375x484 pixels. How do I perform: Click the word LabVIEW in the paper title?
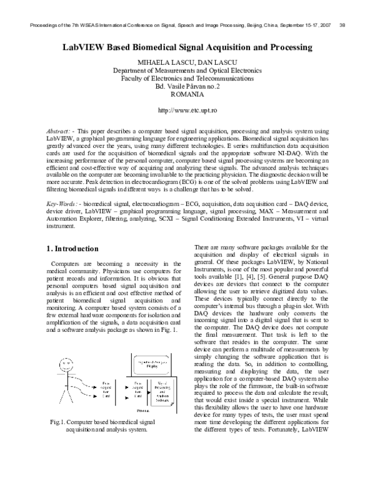click(86, 47)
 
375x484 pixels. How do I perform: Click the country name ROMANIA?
click(187, 94)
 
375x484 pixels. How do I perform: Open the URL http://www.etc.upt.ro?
click(187, 110)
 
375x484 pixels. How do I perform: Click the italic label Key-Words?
click(63, 204)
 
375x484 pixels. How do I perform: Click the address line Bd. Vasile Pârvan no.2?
click(187, 87)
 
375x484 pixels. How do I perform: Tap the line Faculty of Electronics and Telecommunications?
click(187, 79)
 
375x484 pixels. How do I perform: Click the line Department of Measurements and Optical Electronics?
click(187, 71)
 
